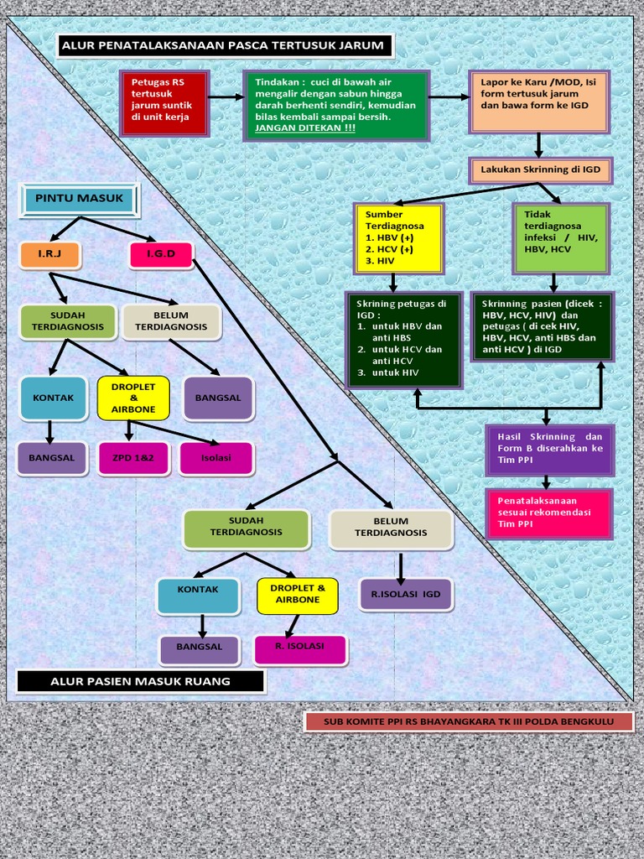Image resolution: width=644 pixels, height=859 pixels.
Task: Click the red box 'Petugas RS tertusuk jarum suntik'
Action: click(x=164, y=102)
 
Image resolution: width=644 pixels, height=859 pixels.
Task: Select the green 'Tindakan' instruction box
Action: click(x=336, y=105)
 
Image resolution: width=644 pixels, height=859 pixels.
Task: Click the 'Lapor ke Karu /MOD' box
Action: click(x=539, y=101)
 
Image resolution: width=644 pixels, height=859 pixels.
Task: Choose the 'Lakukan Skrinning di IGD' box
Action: click(x=540, y=169)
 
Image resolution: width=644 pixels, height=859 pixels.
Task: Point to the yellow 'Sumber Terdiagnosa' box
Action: click(x=397, y=238)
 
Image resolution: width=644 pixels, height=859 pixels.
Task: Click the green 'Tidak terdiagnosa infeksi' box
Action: click(x=560, y=238)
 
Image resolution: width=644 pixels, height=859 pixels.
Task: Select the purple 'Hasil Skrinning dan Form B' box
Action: click(x=549, y=449)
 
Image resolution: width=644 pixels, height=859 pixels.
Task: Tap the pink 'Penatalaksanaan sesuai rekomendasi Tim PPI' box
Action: click(x=549, y=513)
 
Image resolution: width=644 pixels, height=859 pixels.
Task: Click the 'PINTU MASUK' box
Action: click(x=80, y=199)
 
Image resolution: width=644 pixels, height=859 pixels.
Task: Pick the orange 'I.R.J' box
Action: click(x=49, y=253)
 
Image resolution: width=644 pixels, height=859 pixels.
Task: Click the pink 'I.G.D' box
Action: click(x=161, y=253)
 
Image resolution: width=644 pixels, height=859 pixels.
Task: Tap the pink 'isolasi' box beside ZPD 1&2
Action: click(x=216, y=458)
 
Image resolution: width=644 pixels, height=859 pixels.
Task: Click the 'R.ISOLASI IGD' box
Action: click(x=405, y=595)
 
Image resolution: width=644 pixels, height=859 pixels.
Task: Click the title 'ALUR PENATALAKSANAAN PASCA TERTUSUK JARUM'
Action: click(x=224, y=45)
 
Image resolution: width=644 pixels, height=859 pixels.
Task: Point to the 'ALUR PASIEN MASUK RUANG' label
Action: click(x=140, y=681)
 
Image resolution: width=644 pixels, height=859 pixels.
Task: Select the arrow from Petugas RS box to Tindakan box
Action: click(x=225, y=97)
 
